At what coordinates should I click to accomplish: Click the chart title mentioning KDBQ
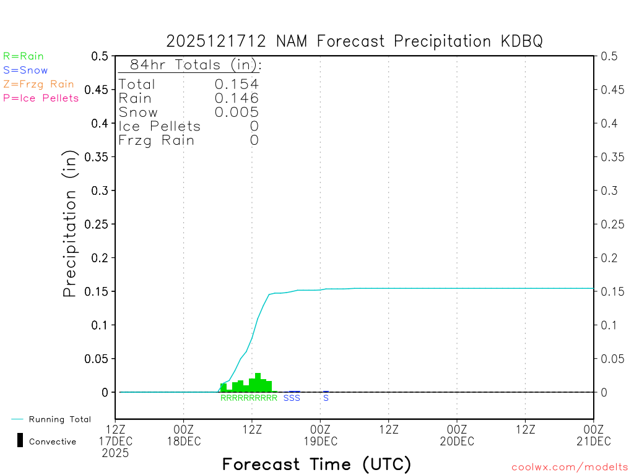[x=354, y=41]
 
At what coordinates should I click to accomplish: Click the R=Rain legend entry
[x=24, y=56]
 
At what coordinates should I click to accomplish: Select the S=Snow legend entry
[x=25, y=71]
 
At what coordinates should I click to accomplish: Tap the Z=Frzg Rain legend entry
[x=38, y=84]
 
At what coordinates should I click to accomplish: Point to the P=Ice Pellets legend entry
[x=41, y=98]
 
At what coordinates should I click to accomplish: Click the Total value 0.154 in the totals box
[x=237, y=84]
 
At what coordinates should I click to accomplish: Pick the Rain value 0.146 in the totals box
[x=237, y=98]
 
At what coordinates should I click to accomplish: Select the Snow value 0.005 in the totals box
[x=237, y=113]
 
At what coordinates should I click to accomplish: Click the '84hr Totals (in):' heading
[x=190, y=65]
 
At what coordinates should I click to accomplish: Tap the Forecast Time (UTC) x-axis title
[x=316, y=464]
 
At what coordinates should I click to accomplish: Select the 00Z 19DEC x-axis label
[x=320, y=435]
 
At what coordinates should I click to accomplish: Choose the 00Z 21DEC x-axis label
[x=593, y=435]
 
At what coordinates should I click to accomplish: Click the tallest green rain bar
[x=258, y=382]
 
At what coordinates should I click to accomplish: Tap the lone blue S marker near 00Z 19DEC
[x=326, y=398]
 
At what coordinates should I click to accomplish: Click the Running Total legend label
[x=59, y=419]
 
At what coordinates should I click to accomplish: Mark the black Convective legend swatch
[x=20, y=440]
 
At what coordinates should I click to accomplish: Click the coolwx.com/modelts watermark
[x=570, y=468]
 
